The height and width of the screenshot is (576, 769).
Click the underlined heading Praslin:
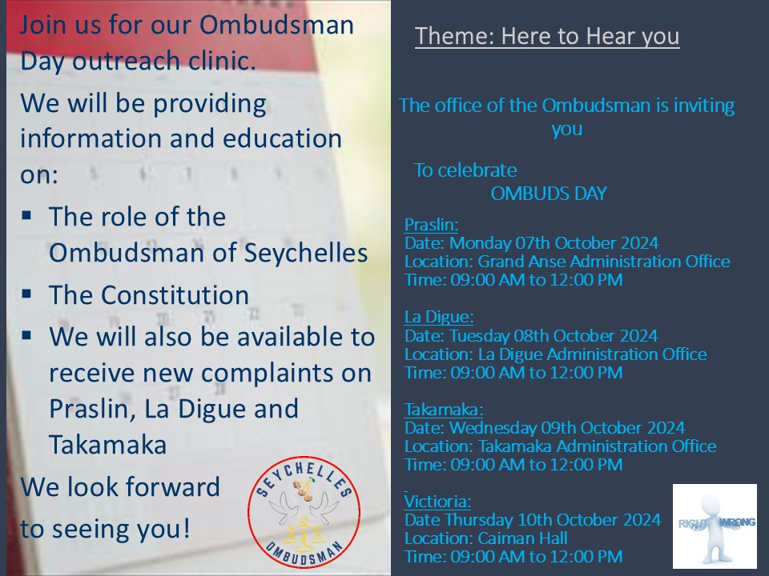pos(431,225)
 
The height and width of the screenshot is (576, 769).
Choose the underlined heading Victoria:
pos(437,502)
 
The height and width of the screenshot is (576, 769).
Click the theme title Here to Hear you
pos(547,37)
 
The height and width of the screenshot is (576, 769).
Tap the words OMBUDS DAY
pos(548,194)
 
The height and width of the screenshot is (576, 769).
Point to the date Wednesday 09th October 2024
pos(567,428)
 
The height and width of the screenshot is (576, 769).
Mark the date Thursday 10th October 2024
pos(557,520)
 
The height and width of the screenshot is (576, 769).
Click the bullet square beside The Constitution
pos(27,294)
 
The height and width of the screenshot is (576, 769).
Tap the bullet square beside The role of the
pos(27,215)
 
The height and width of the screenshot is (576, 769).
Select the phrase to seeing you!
pos(106,530)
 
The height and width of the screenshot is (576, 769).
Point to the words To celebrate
pos(465,170)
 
